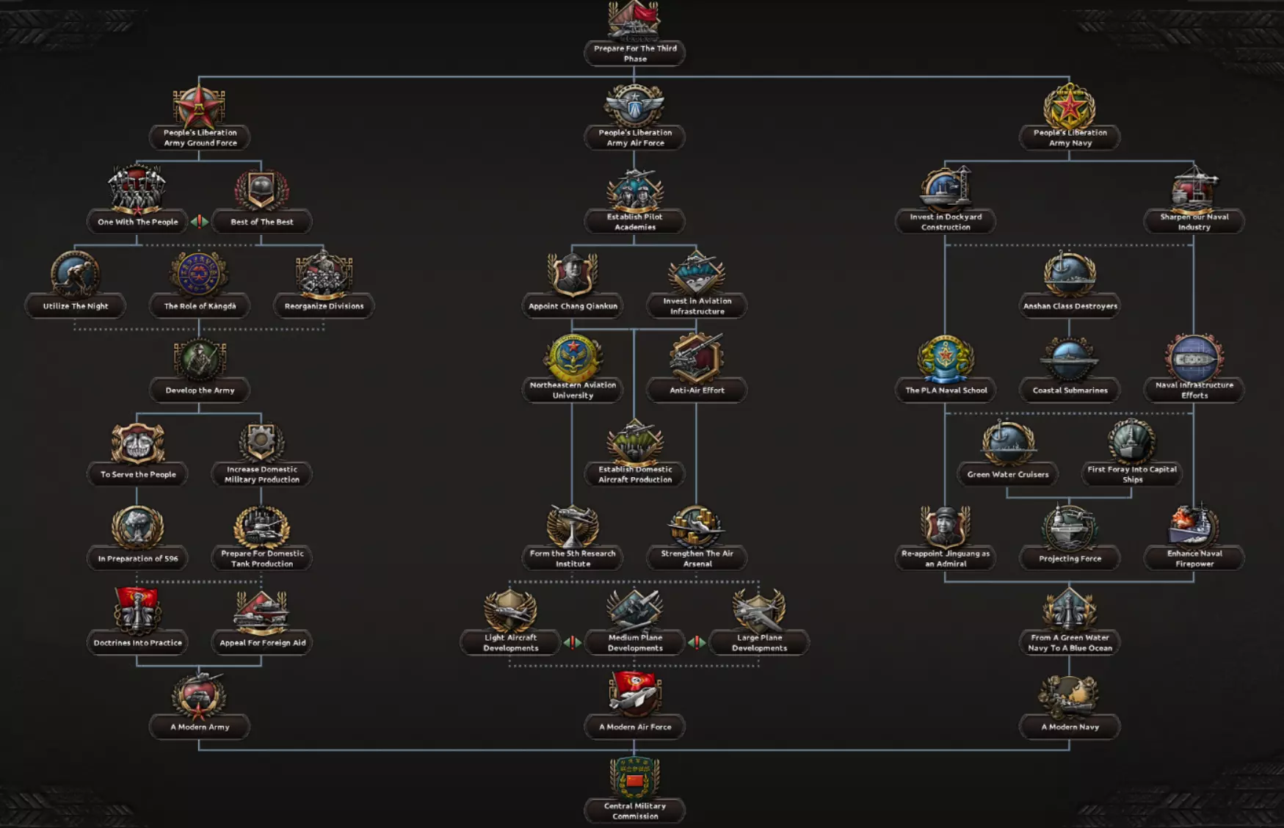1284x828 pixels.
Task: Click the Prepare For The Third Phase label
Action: pyautogui.click(x=635, y=54)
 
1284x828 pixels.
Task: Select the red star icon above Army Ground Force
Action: pyautogui.click(x=199, y=106)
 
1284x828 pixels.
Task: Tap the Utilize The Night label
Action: pyautogui.click(x=76, y=306)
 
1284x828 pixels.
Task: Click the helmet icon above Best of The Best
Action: pyautogui.click(x=261, y=190)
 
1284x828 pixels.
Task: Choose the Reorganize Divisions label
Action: pyautogui.click(x=324, y=306)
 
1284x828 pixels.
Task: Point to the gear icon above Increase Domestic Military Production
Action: pyautogui.click(x=261, y=442)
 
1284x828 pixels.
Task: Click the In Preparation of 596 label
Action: pyautogui.click(x=138, y=559)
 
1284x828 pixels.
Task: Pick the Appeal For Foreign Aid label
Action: pyautogui.click(x=262, y=643)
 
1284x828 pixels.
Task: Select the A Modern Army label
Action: pyautogui.click(x=200, y=727)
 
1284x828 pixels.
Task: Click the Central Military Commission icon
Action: pyautogui.click(x=635, y=777)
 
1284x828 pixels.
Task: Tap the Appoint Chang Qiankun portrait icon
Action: pyautogui.click(x=573, y=274)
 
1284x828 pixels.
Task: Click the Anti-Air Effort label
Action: pyautogui.click(x=697, y=391)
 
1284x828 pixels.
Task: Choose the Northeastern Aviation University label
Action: pyautogui.click(x=573, y=390)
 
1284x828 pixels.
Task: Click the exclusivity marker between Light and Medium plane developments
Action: pyautogui.click(x=573, y=643)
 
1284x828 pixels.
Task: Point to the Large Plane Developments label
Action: pyautogui.click(x=759, y=643)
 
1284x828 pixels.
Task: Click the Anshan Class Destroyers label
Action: pyautogui.click(x=1070, y=306)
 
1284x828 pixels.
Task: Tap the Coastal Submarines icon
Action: pyautogui.click(x=1070, y=358)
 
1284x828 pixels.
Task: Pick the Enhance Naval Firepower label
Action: pyautogui.click(x=1194, y=559)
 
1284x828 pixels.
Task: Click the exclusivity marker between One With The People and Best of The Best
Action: pyautogui.click(x=200, y=222)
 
